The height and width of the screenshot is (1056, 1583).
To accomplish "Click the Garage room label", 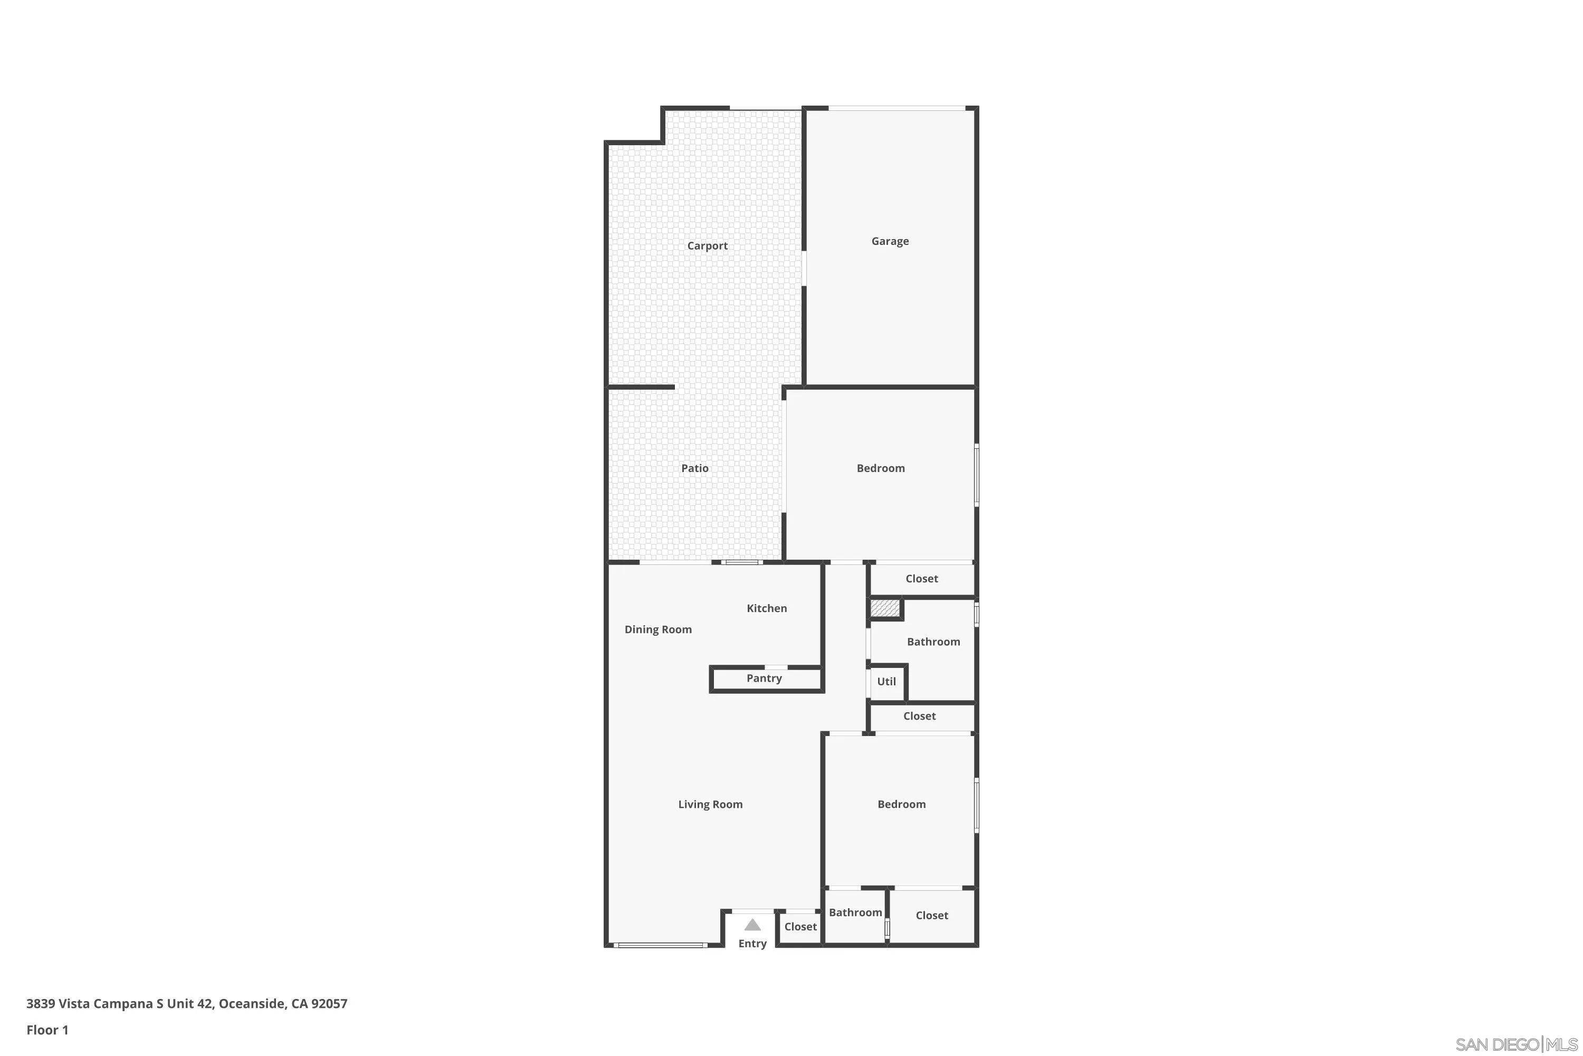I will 890,241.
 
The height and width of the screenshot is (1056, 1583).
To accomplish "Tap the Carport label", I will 707,246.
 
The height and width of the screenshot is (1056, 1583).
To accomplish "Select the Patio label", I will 694,468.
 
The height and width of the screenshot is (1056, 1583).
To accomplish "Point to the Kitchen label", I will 767,608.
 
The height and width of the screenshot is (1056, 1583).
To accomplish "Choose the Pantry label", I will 764,678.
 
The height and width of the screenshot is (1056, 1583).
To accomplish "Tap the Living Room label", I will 710,804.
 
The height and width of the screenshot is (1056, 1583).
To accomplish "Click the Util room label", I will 886,682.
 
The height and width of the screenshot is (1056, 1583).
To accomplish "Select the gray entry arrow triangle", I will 752,926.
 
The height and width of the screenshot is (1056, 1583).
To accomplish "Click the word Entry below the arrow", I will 752,944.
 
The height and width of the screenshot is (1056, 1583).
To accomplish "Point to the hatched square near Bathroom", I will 884,608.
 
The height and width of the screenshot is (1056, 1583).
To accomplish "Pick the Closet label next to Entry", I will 800,927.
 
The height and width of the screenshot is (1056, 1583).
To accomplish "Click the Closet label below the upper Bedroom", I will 921,579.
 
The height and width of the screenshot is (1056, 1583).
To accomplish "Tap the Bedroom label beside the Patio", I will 880,468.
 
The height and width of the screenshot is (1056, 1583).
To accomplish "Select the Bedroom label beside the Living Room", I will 901,804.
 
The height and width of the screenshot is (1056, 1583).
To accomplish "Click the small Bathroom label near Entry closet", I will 855,912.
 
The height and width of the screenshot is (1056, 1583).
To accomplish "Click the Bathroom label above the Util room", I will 933,642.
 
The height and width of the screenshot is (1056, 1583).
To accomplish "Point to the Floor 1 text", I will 47,1030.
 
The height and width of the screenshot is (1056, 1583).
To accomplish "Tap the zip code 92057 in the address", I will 329,1004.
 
